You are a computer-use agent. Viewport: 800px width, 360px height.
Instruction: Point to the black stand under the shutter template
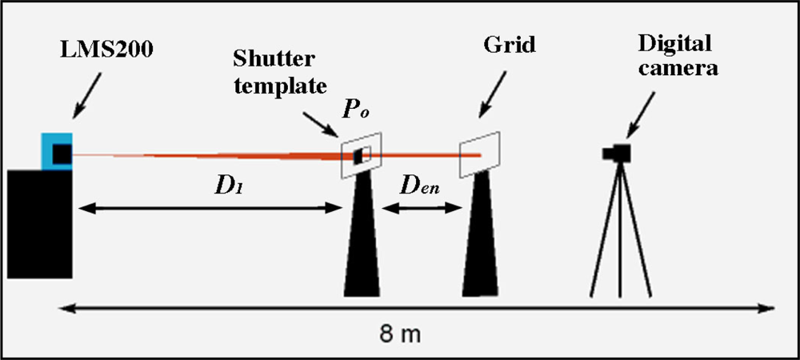point(361,240)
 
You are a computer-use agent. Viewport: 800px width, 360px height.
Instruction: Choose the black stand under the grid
point(482,240)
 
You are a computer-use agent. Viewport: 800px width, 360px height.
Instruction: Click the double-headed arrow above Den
point(422,209)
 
